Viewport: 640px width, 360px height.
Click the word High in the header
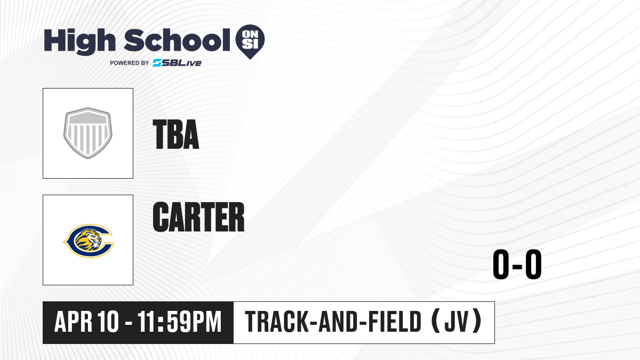(80, 41)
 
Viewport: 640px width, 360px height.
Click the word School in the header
(177, 40)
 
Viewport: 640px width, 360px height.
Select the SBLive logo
(177, 63)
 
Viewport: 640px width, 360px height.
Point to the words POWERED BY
(130, 63)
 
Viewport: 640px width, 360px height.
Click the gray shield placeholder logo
(88, 133)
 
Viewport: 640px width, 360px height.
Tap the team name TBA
(175, 134)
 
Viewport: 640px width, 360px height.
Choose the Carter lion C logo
(88, 241)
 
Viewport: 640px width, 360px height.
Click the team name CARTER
(198, 217)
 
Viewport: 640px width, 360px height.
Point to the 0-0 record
(517, 265)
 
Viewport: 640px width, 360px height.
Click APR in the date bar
(74, 322)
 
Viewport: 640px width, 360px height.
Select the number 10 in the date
(108, 322)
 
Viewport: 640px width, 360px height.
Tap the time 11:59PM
(180, 322)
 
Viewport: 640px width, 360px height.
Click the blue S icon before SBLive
(157, 63)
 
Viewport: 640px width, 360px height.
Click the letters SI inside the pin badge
(250, 44)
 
